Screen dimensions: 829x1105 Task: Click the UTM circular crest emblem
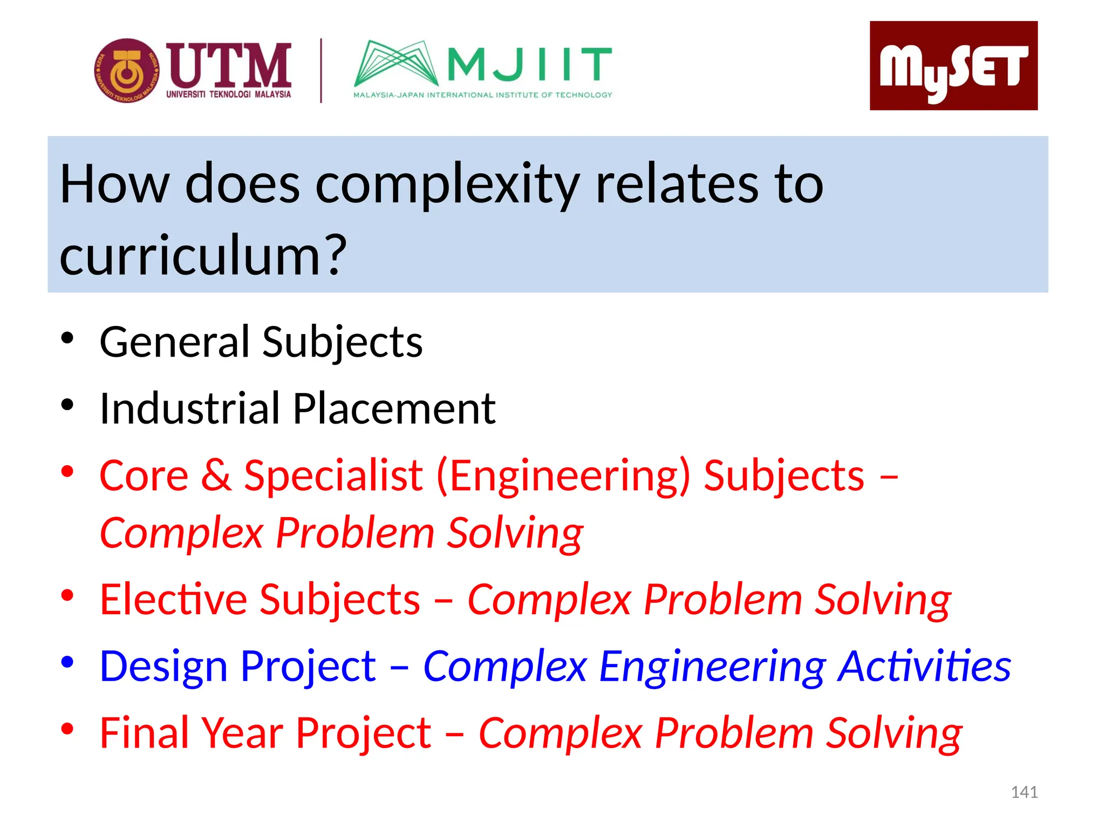[x=127, y=71]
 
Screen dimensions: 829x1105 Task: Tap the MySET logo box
[x=953, y=66]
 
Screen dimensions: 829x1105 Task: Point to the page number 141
[x=1024, y=792]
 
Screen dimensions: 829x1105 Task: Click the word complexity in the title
[x=447, y=185]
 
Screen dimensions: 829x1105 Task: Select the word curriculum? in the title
[x=202, y=255]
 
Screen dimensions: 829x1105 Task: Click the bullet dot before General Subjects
[x=67, y=339]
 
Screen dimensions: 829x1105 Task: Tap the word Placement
[x=394, y=409]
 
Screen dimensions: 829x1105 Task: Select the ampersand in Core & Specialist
[x=216, y=475]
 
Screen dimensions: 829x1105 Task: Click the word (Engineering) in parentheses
[x=563, y=477]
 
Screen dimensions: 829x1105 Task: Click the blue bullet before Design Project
[x=67, y=662]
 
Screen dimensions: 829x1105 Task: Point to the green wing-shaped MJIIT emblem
[x=395, y=64]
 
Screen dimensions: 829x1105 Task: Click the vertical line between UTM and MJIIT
[x=321, y=70]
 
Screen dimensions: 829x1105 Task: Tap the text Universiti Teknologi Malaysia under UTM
[x=228, y=94]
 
